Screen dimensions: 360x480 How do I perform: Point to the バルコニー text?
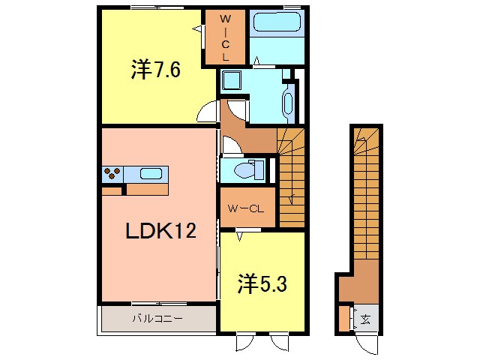(157, 318)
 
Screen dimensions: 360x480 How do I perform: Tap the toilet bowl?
(244, 169)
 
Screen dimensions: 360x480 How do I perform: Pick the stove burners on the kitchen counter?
(112, 174)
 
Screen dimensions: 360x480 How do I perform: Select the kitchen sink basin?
(151, 174)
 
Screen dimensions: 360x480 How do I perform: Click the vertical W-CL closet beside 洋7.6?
(224, 37)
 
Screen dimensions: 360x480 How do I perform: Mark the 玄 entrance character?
(365, 319)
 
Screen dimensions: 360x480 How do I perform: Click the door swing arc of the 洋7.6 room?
(208, 114)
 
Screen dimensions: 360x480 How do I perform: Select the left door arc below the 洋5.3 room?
(247, 342)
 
